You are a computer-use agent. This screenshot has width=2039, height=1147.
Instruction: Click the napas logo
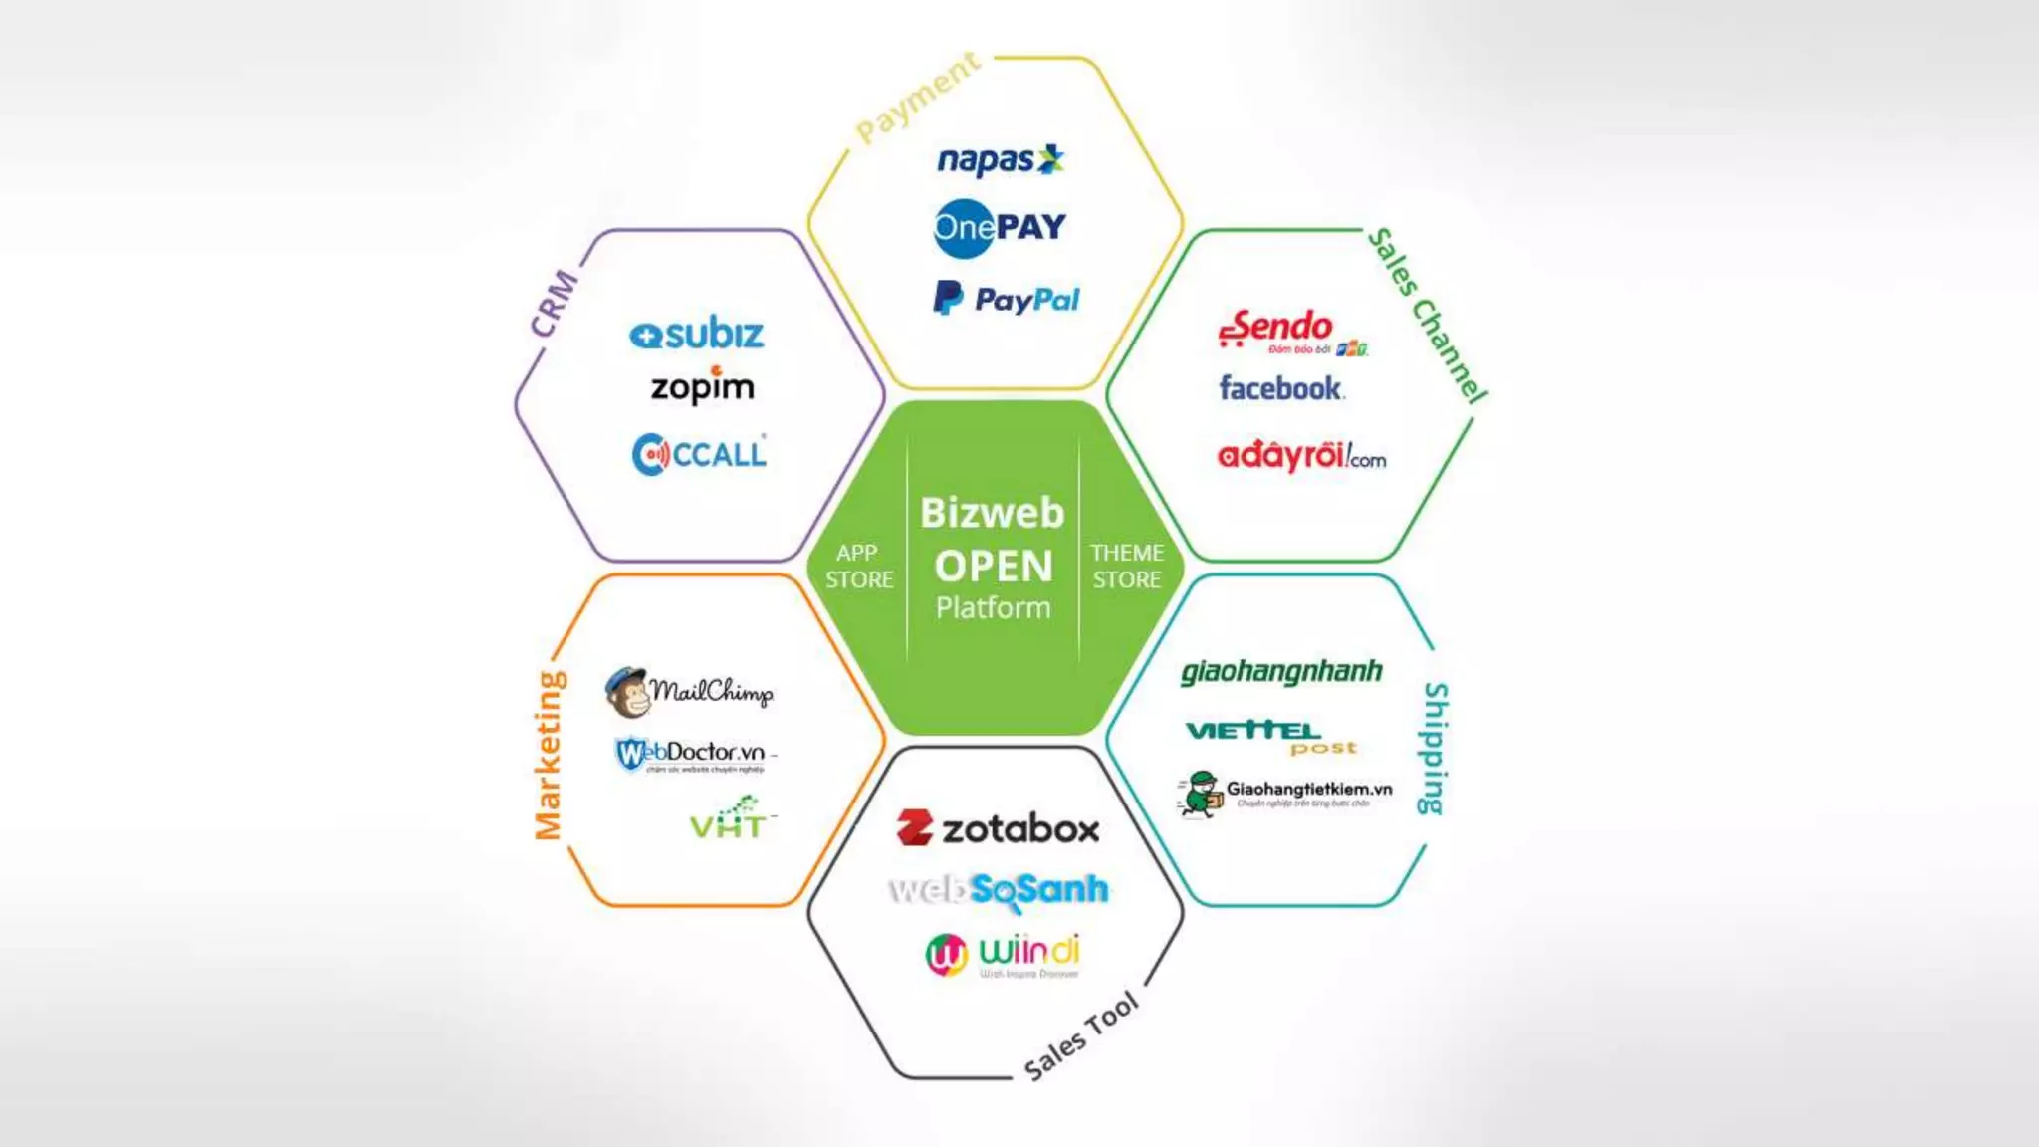pos(1000,160)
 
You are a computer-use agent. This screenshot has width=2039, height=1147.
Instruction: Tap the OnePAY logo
pos(1000,228)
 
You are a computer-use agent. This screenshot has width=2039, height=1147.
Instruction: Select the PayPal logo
pos(1006,299)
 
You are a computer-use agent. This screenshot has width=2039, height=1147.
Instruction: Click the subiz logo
pos(697,335)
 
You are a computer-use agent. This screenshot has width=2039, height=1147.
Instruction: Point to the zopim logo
pos(703,386)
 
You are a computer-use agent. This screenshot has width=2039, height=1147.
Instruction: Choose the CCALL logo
pos(699,455)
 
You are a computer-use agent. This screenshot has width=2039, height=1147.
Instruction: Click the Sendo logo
pos(1284,330)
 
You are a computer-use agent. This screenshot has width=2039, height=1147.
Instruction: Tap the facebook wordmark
pos(1281,388)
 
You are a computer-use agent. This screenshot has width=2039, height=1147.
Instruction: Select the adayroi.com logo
pos(1300,456)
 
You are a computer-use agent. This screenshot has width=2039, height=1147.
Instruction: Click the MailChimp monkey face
pos(627,692)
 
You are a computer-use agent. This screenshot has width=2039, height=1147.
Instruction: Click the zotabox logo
pos(999,828)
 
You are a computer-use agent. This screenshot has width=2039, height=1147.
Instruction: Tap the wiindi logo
pos(1003,955)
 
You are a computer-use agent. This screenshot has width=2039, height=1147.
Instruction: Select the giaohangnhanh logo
pos(1281,672)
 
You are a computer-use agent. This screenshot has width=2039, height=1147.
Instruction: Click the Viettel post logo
pos(1270,736)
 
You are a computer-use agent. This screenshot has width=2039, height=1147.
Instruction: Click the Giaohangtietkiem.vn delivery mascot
pos(1201,794)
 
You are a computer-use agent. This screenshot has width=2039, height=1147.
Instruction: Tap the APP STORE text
pos(858,567)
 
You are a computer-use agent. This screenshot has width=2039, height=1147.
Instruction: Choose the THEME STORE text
pos(1127,567)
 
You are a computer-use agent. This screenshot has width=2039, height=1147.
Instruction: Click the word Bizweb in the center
pos(992,513)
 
